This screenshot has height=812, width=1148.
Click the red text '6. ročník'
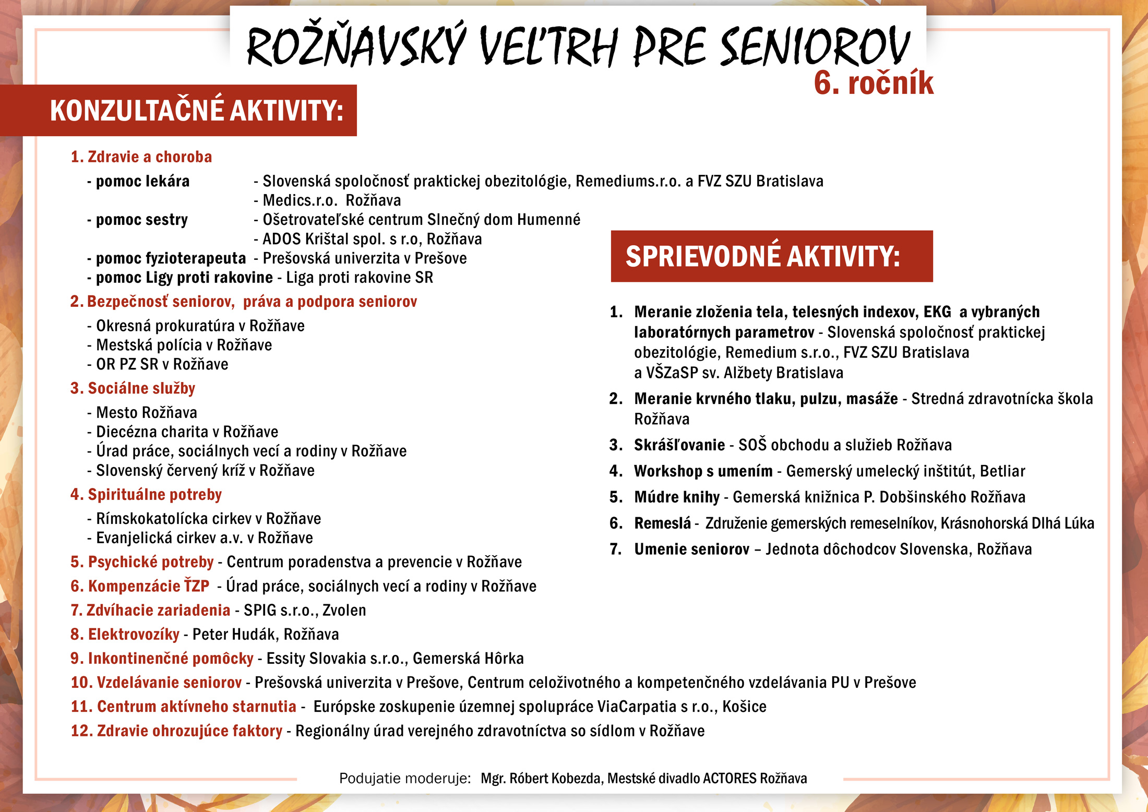click(873, 83)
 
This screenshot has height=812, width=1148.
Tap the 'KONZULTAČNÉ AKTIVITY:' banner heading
click(196, 111)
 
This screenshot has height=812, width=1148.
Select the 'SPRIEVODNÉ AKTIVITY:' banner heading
click(762, 257)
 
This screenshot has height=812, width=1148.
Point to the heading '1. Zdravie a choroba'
click(141, 157)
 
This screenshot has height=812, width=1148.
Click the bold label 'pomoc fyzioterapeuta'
click(171, 258)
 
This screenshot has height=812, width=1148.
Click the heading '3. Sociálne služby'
click(133, 388)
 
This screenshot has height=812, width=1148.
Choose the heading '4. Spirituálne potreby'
click(146, 494)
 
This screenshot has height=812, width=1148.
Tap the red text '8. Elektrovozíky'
click(125, 634)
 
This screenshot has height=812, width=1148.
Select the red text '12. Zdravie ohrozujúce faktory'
click(176, 731)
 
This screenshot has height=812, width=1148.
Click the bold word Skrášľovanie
click(679, 445)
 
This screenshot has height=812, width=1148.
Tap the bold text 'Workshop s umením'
click(703, 471)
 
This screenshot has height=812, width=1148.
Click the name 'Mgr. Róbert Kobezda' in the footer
click(541, 779)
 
